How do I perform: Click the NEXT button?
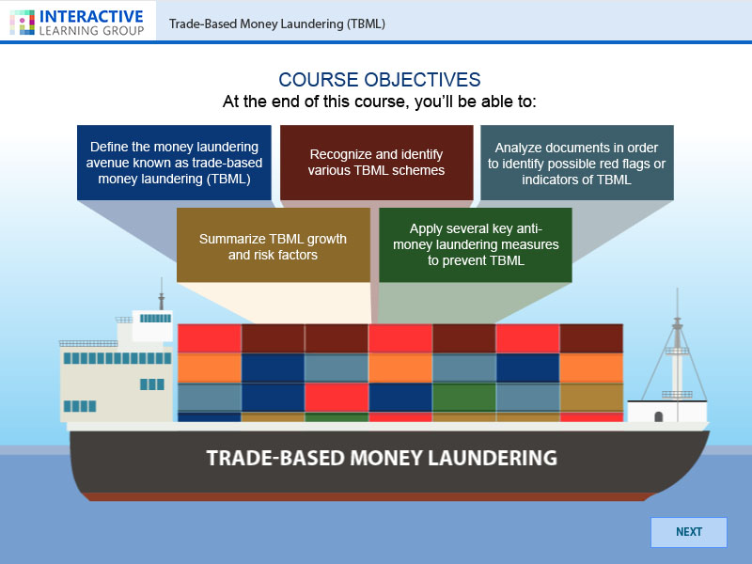click(688, 532)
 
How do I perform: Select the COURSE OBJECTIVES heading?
click(379, 80)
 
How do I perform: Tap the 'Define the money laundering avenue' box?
click(174, 163)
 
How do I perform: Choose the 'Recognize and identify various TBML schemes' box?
click(376, 163)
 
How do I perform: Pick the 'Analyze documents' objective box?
click(576, 163)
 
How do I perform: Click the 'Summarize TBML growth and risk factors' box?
click(273, 245)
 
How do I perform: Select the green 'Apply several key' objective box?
click(476, 245)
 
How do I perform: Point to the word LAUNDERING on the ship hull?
click(486, 459)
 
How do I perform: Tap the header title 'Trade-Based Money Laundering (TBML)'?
click(277, 23)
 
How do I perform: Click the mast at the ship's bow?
click(675, 348)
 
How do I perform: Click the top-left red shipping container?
click(209, 337)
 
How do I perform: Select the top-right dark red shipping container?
click(591, 337)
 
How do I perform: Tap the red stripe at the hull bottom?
click(376, 496)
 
